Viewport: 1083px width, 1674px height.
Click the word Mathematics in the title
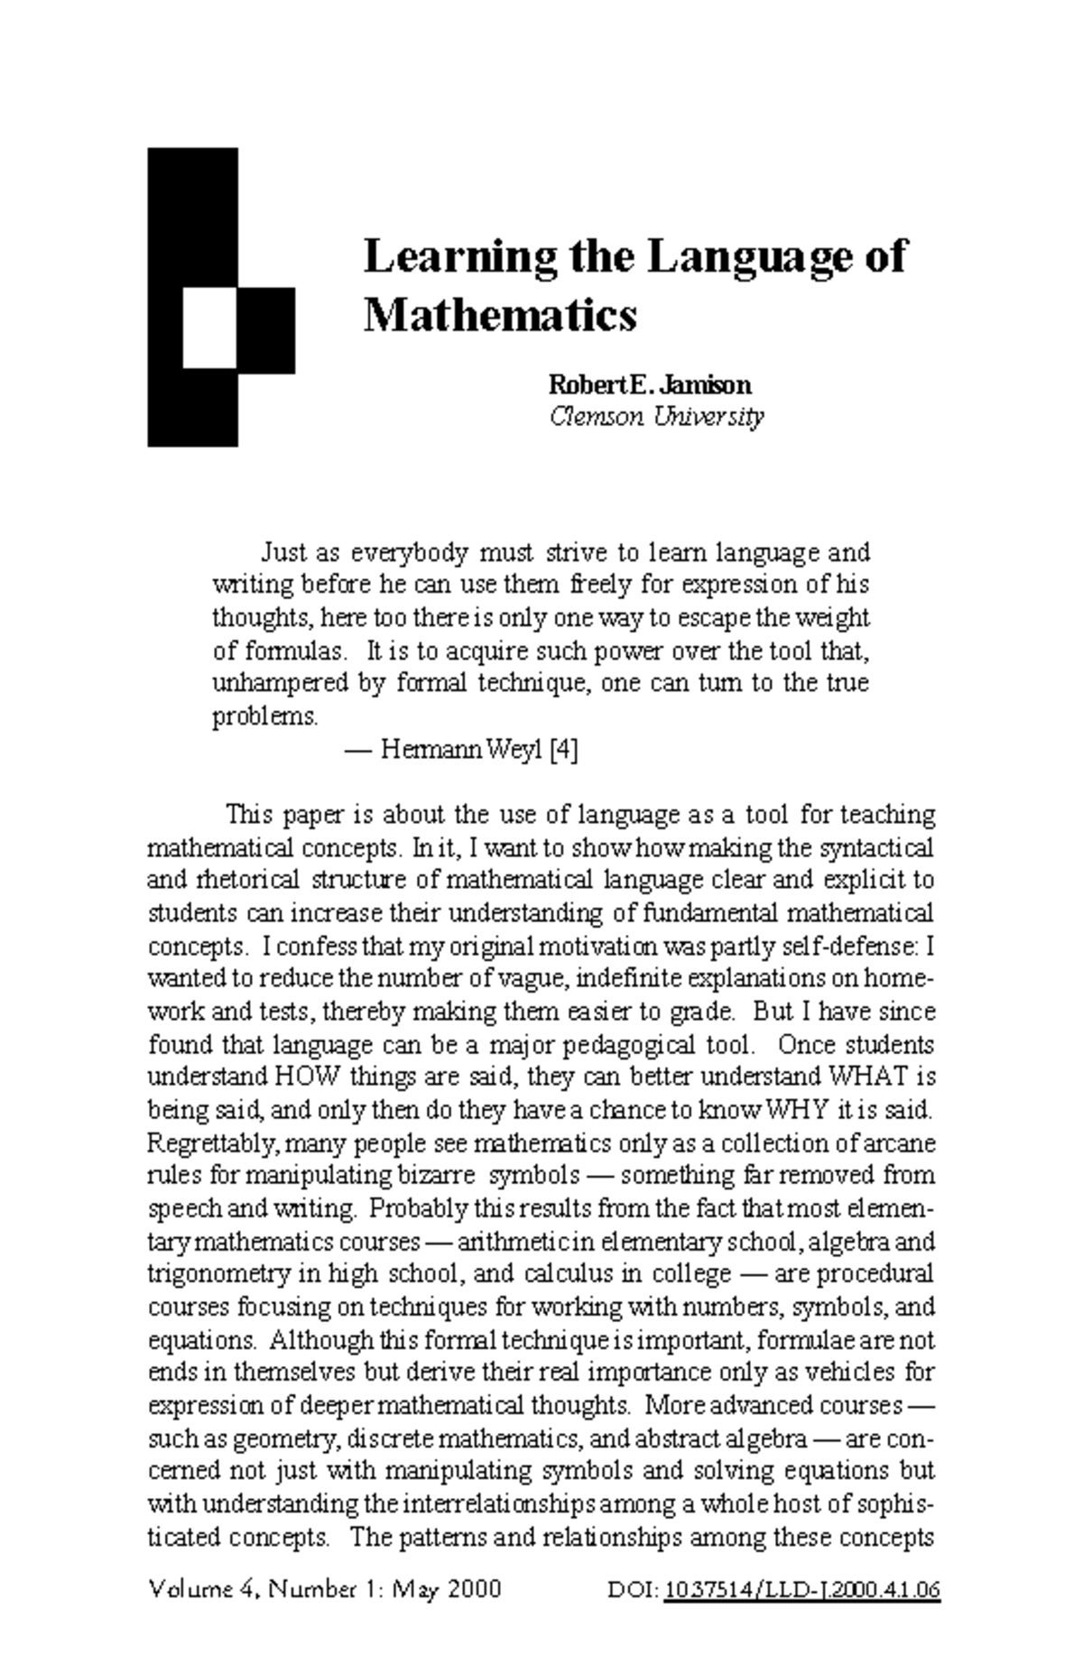click(500, 315)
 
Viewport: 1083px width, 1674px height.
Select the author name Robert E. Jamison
click(650, 385)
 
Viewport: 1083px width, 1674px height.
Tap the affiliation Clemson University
click(657, 417)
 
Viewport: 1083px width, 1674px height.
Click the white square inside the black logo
click(209, 328)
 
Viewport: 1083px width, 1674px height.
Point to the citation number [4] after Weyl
click(563, 750)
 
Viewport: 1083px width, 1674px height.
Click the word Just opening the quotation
click(282, 551)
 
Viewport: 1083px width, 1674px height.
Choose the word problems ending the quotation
click(264, 717)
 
